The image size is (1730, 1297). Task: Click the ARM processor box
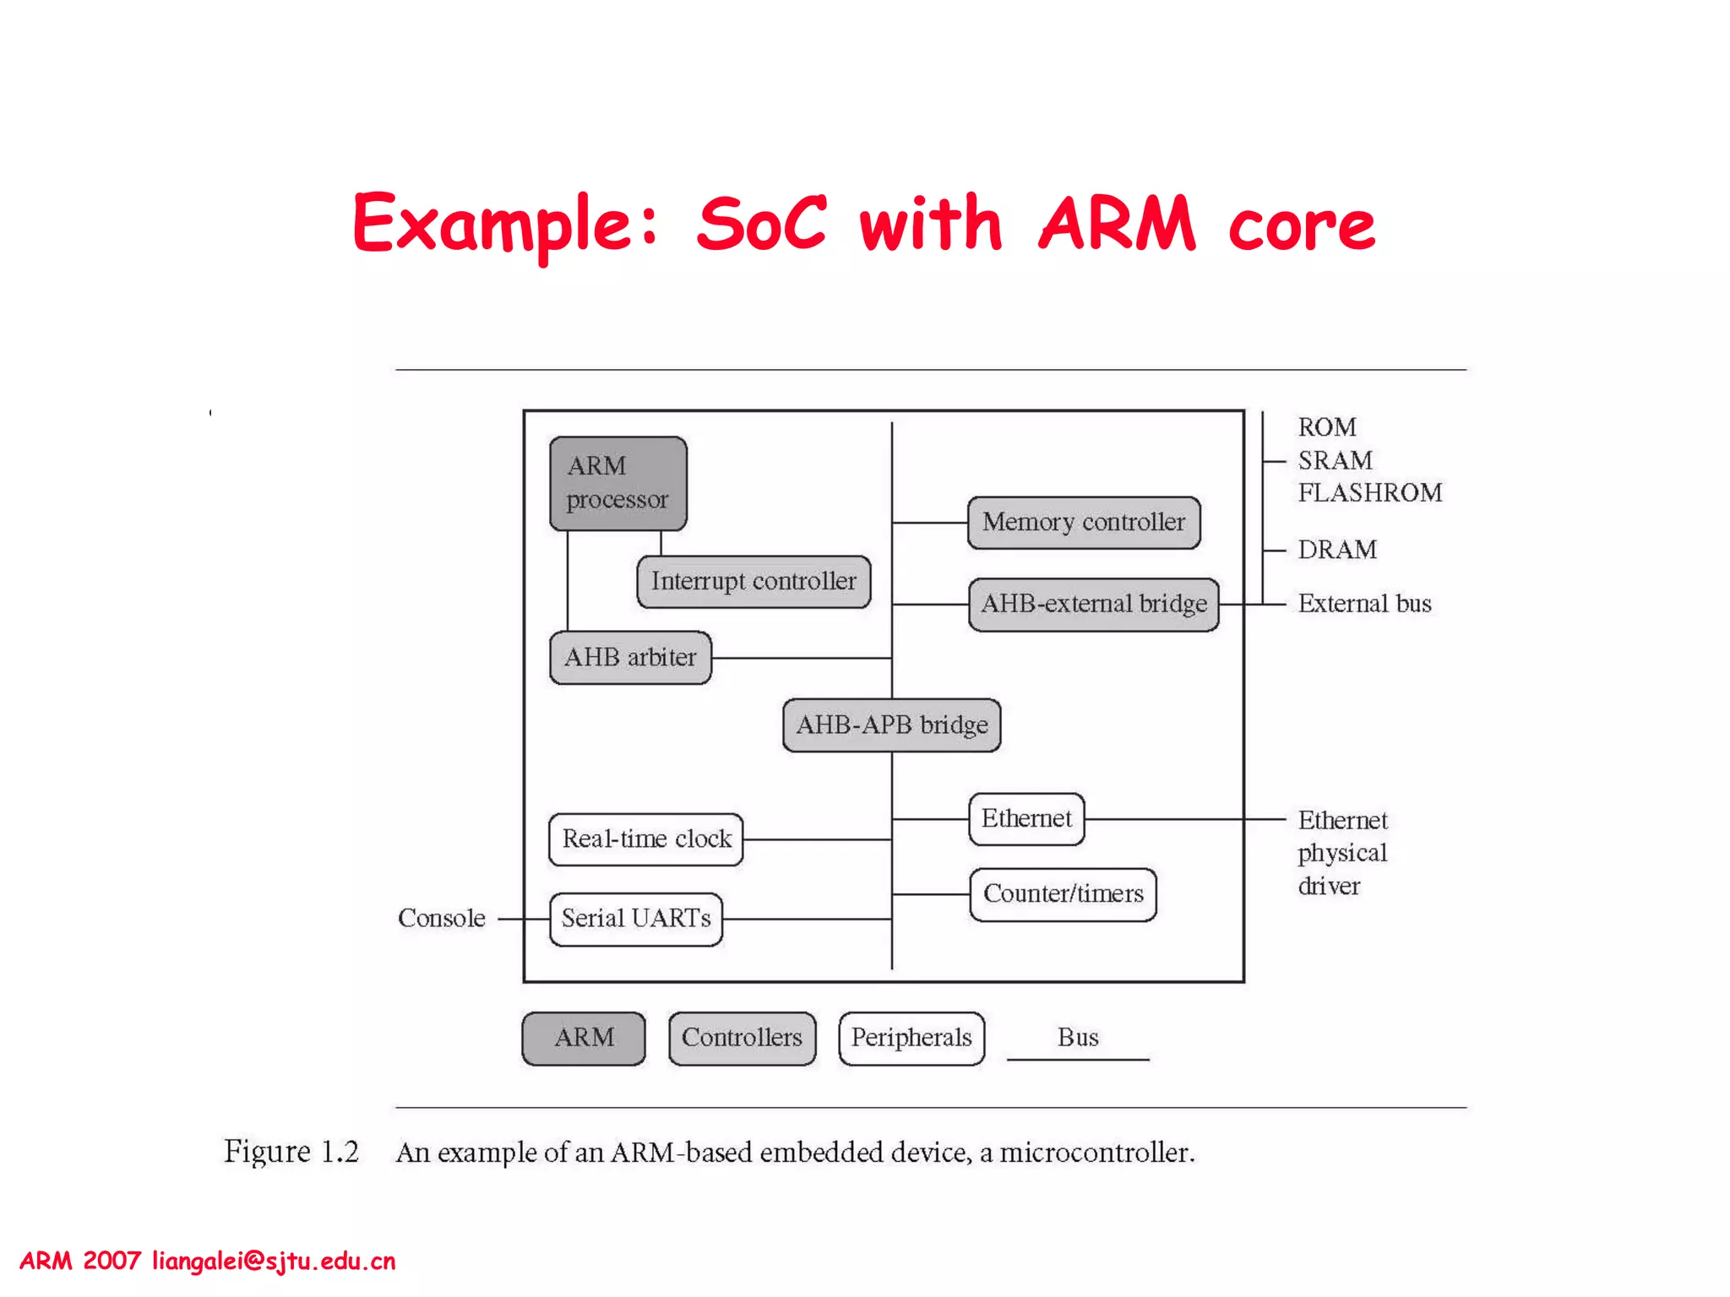click(617, 483)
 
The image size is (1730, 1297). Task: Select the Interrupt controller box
click(753, 582)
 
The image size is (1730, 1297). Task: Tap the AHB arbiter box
click(630, 658)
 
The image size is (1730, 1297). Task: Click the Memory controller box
click(1084, 523)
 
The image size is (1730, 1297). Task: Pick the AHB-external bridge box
click(1094, 605)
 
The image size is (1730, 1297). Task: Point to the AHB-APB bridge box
click(892, 725)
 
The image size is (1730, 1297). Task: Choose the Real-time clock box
click(646, 839)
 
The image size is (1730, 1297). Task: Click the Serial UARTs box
click(636, 919)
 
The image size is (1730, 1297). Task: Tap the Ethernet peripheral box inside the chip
click(1026, 819)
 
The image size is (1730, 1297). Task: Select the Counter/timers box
click(1063, 894)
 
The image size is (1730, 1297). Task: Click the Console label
click(442, 919)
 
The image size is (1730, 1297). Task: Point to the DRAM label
click(1337, 551)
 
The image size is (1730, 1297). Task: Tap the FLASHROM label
click(1370, 493)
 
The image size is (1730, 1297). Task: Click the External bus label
click(1364, 605)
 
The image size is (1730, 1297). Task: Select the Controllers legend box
click(742, 1038)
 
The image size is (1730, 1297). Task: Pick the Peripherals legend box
click(911, 1038)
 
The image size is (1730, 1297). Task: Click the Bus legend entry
click(1078, 1039)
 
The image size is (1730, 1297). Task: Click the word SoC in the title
click(761, 224)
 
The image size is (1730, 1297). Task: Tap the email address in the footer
click(274, 1262)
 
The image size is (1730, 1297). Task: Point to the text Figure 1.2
click(291, 1152)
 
